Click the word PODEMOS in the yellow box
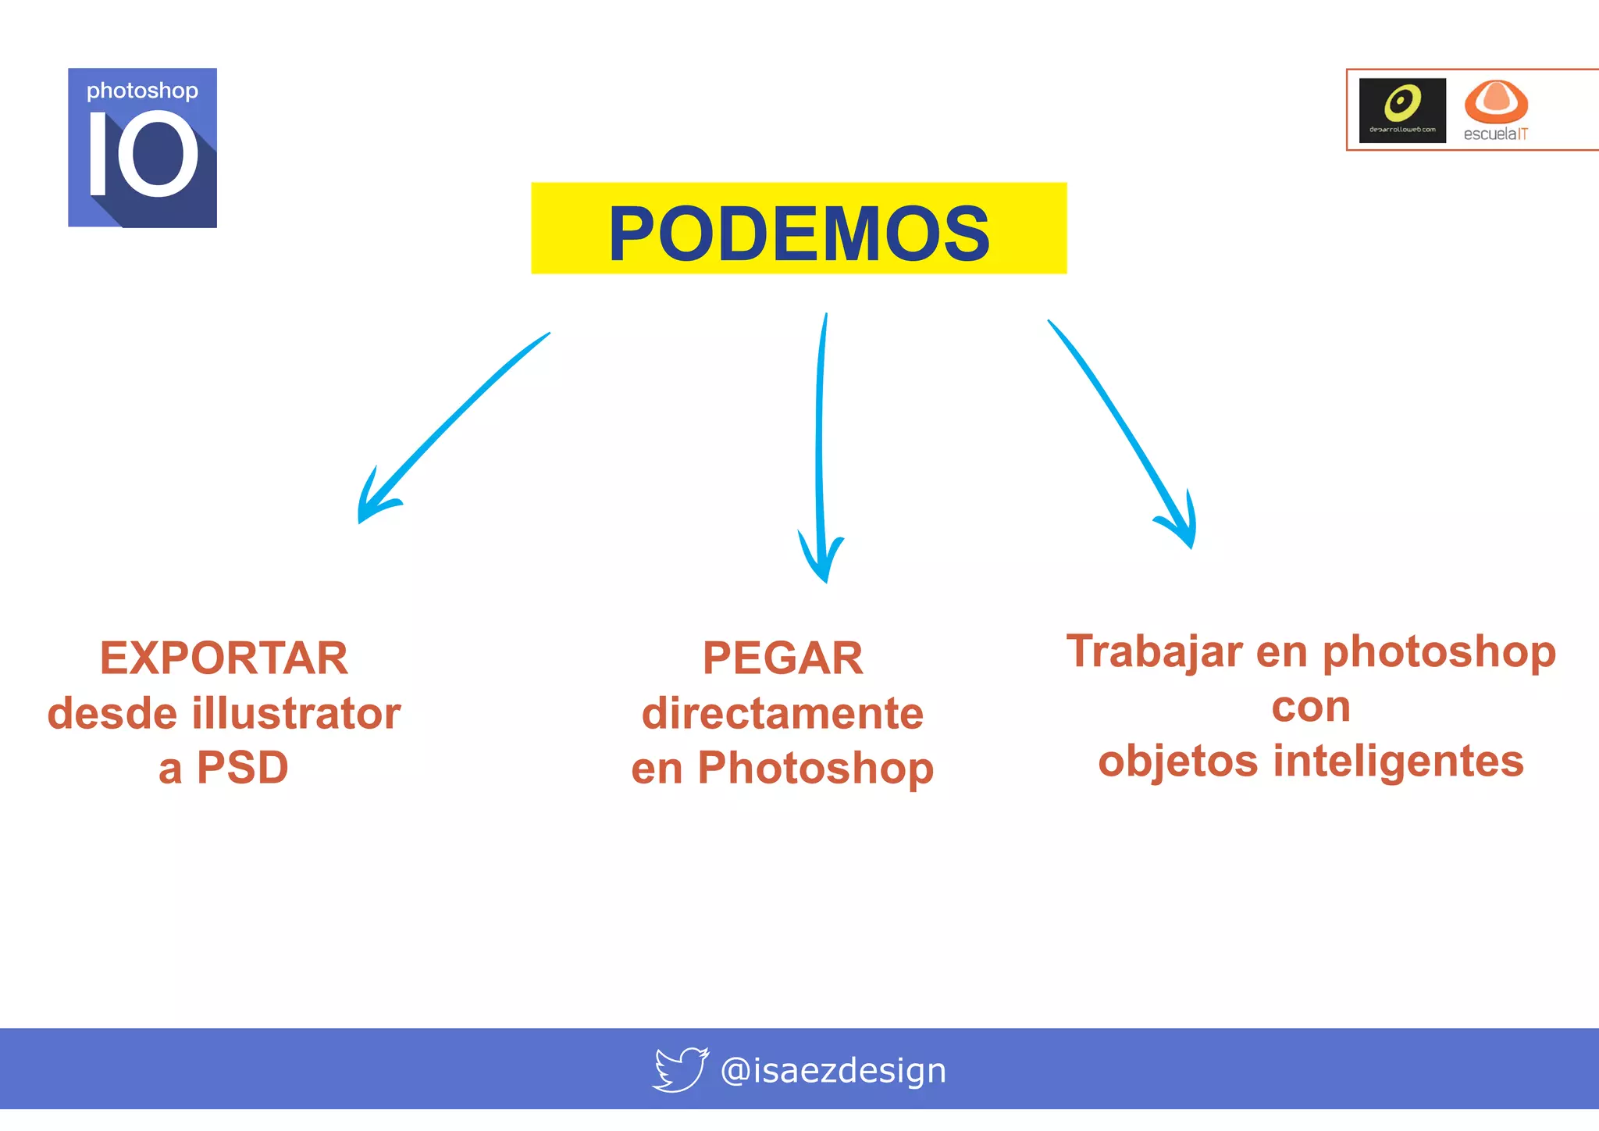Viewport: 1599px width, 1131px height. [x=799, y=234]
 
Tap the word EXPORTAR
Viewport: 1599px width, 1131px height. [x=224, y=658]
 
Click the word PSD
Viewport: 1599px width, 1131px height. [x=243, y=768]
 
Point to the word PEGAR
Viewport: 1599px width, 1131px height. [x=782, y=658]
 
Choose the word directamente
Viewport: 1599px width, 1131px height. [x=782, y=713]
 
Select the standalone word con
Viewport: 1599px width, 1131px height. [x=1311, y=707]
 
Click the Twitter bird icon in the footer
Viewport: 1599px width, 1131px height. [x=680, y=1069]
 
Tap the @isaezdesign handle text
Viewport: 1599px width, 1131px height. [x=833, y=1070]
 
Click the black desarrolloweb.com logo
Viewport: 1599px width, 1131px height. [x=1402, y=110]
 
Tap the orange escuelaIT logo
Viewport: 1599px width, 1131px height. [x=1496, y=110]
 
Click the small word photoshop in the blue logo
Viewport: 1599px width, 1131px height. [x=142, y=91]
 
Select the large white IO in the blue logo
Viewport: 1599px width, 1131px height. [x=144, y=153]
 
